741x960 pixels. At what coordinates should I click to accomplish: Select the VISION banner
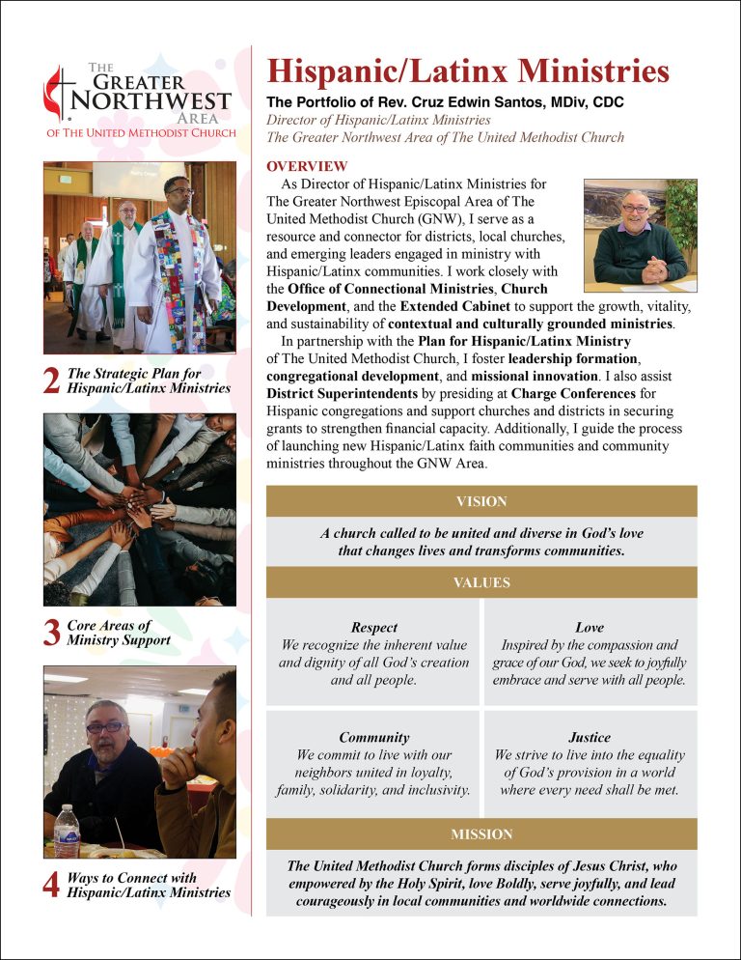pyautogui.click(x=480, y=501)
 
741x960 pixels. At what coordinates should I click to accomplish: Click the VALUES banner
pyautogui.click(x=480, y=582)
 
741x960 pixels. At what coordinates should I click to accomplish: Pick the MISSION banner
pyautogui.click(x=480, y=833)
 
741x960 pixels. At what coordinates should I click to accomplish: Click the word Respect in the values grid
pyautogui.click(x=373, y=627)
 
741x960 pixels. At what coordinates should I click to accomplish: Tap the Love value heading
pyautogui.click(x=589, y=627)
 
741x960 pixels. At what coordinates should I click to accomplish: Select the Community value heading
pyautogui.click(x=373, y=737)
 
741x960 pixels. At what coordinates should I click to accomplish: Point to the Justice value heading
pyautogui.click(x=589, y=737)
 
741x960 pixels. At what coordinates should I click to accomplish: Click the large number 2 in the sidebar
pyautogui.click(x=54, y=382)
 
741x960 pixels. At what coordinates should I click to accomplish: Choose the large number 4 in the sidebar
pyautogui.click(x=54, y=886)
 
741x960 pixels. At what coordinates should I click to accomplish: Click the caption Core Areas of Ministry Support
pyautogui.click(x=119, y=633)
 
